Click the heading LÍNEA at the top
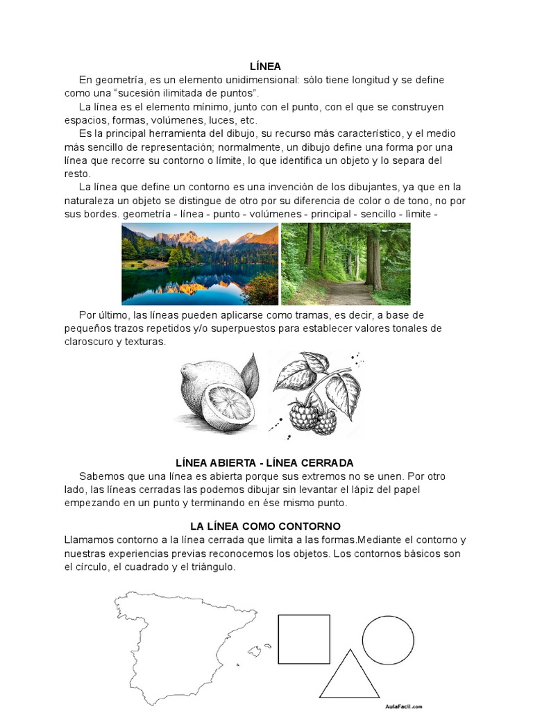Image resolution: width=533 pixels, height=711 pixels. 266,67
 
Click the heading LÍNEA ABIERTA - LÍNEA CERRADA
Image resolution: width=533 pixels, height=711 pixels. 265,462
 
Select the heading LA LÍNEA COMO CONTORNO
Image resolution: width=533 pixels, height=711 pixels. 265,526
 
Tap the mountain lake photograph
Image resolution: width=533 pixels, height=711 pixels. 200,264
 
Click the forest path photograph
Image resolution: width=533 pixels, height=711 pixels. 346,264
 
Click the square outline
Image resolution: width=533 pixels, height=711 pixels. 304,639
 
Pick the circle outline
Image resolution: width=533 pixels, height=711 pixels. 388,640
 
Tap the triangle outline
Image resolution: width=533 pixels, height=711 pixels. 349,678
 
